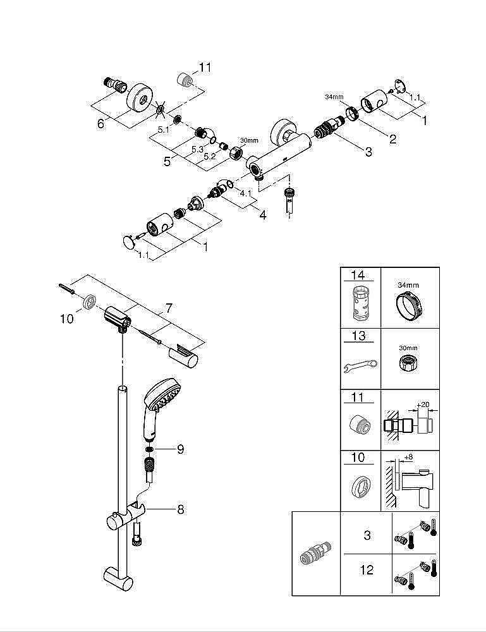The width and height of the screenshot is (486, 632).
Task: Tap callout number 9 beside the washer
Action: (x=180, y=449)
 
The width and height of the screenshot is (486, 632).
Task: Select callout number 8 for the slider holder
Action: (x=180, y=509)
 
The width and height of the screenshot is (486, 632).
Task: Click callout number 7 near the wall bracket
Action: (x=168, y=308)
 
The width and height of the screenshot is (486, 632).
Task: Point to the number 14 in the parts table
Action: (x=358, y=276)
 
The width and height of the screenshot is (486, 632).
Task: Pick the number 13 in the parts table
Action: (x=358, y=336)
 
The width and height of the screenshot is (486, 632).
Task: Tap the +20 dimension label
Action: (x=423, y=404)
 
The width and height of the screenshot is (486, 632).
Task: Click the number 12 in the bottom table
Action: (x=367, y=571)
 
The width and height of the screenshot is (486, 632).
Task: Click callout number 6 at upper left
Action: (x=100, y=124)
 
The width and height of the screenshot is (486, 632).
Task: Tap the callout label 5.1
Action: (x=162, y=129)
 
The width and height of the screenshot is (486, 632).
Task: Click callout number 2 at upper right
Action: (x=392, y=138)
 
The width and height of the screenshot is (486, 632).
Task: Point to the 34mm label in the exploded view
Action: (x=334, y=97)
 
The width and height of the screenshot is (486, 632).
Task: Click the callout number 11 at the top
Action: (x=205, y=67)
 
